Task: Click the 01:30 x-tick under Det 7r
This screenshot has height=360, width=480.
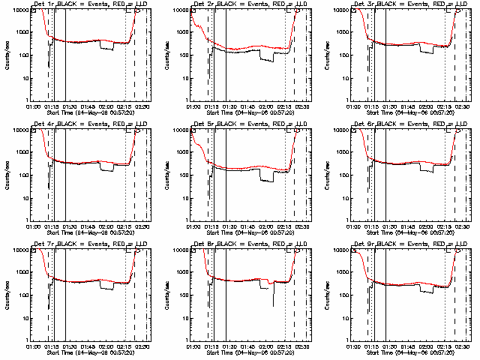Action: tap(69, 346)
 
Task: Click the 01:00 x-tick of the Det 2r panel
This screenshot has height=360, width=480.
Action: tap(193, 106)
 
